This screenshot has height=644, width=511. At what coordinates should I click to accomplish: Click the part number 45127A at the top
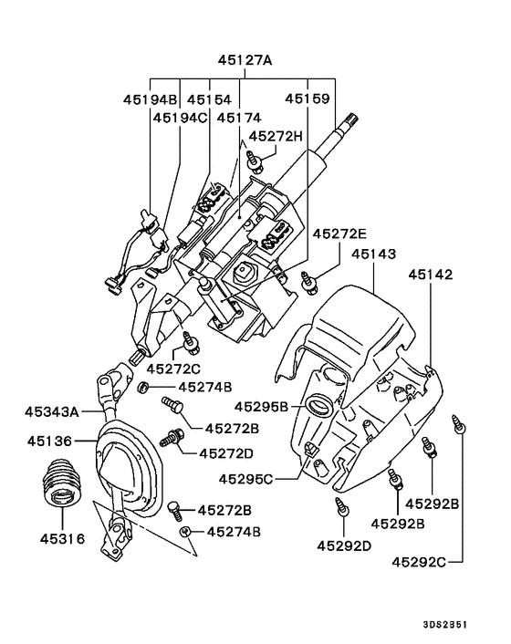pos(245,61)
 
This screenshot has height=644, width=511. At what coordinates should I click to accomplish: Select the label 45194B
pos(150,99)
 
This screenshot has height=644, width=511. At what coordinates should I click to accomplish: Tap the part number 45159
pos(308,99)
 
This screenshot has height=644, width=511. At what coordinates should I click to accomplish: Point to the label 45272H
pos(276,136)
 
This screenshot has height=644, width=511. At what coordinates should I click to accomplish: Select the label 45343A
pos(56,411)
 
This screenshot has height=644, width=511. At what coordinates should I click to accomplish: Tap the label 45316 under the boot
pos(62,538)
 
